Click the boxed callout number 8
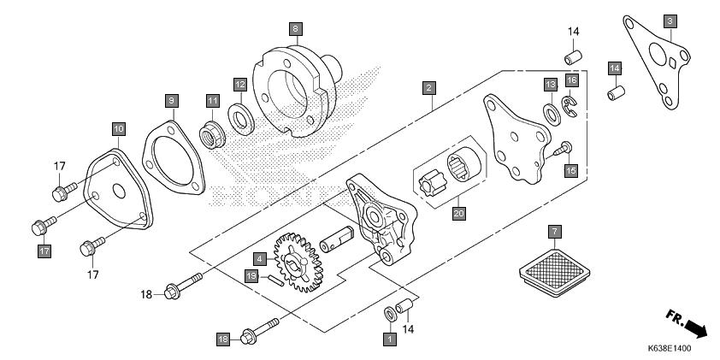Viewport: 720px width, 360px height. coord(295,29)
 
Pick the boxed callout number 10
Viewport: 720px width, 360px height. coord(118,128)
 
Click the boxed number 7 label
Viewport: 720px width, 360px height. coord(554,231)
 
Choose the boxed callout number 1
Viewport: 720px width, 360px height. coord(390,339)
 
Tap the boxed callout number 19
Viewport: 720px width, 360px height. coord(251,276)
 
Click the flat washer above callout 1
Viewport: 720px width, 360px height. coord(390,314)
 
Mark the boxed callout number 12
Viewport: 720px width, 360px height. coord(240,85)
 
